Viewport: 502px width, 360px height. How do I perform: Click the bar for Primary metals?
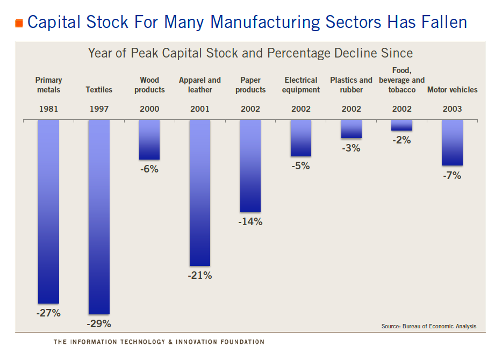click(48, 212)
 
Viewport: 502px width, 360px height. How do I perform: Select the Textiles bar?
click(99, 217)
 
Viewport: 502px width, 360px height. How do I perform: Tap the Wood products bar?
click(149, 140)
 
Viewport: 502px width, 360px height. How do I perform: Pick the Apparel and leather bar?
click(200, 193)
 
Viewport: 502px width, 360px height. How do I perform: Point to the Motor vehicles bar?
click(452, 142)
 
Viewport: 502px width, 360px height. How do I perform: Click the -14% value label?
click(250, 221)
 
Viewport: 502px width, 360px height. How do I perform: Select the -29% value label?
click(99, 324)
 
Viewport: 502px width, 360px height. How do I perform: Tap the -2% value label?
click(401, 140)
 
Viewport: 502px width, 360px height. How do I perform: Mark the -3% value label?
click(351, 148)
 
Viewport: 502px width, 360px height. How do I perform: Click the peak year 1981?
click(48, 109)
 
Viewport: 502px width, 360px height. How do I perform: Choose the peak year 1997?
click(99, 109)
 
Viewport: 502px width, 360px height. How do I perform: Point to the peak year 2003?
click(452, 109)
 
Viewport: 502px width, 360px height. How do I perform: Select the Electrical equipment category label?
click(301, 85)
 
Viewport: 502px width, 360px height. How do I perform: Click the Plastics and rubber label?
click(351, 85)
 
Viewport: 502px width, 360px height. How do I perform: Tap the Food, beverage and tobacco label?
click(401, 80)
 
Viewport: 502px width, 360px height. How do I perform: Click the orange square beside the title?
click(19, 23)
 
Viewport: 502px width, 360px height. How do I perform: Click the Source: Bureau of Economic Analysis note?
click(428, 326)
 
